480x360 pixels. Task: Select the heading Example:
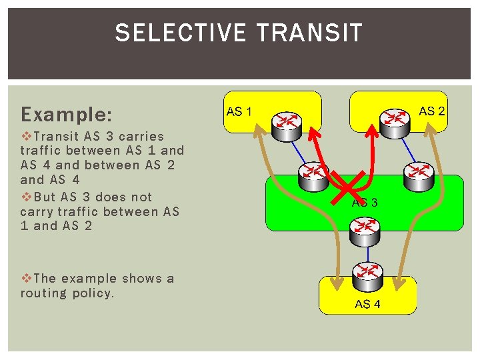point(66,114)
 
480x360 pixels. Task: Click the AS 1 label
point(239,111)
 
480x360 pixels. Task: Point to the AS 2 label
point(431,111)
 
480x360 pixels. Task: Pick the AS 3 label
point(365,203)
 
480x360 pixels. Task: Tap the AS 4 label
point(368,304)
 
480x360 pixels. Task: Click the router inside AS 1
point(287,123)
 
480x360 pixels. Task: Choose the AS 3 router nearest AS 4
point(365,229)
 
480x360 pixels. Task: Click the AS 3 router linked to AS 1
point(312,175)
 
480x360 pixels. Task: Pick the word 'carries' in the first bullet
point(141,137)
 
